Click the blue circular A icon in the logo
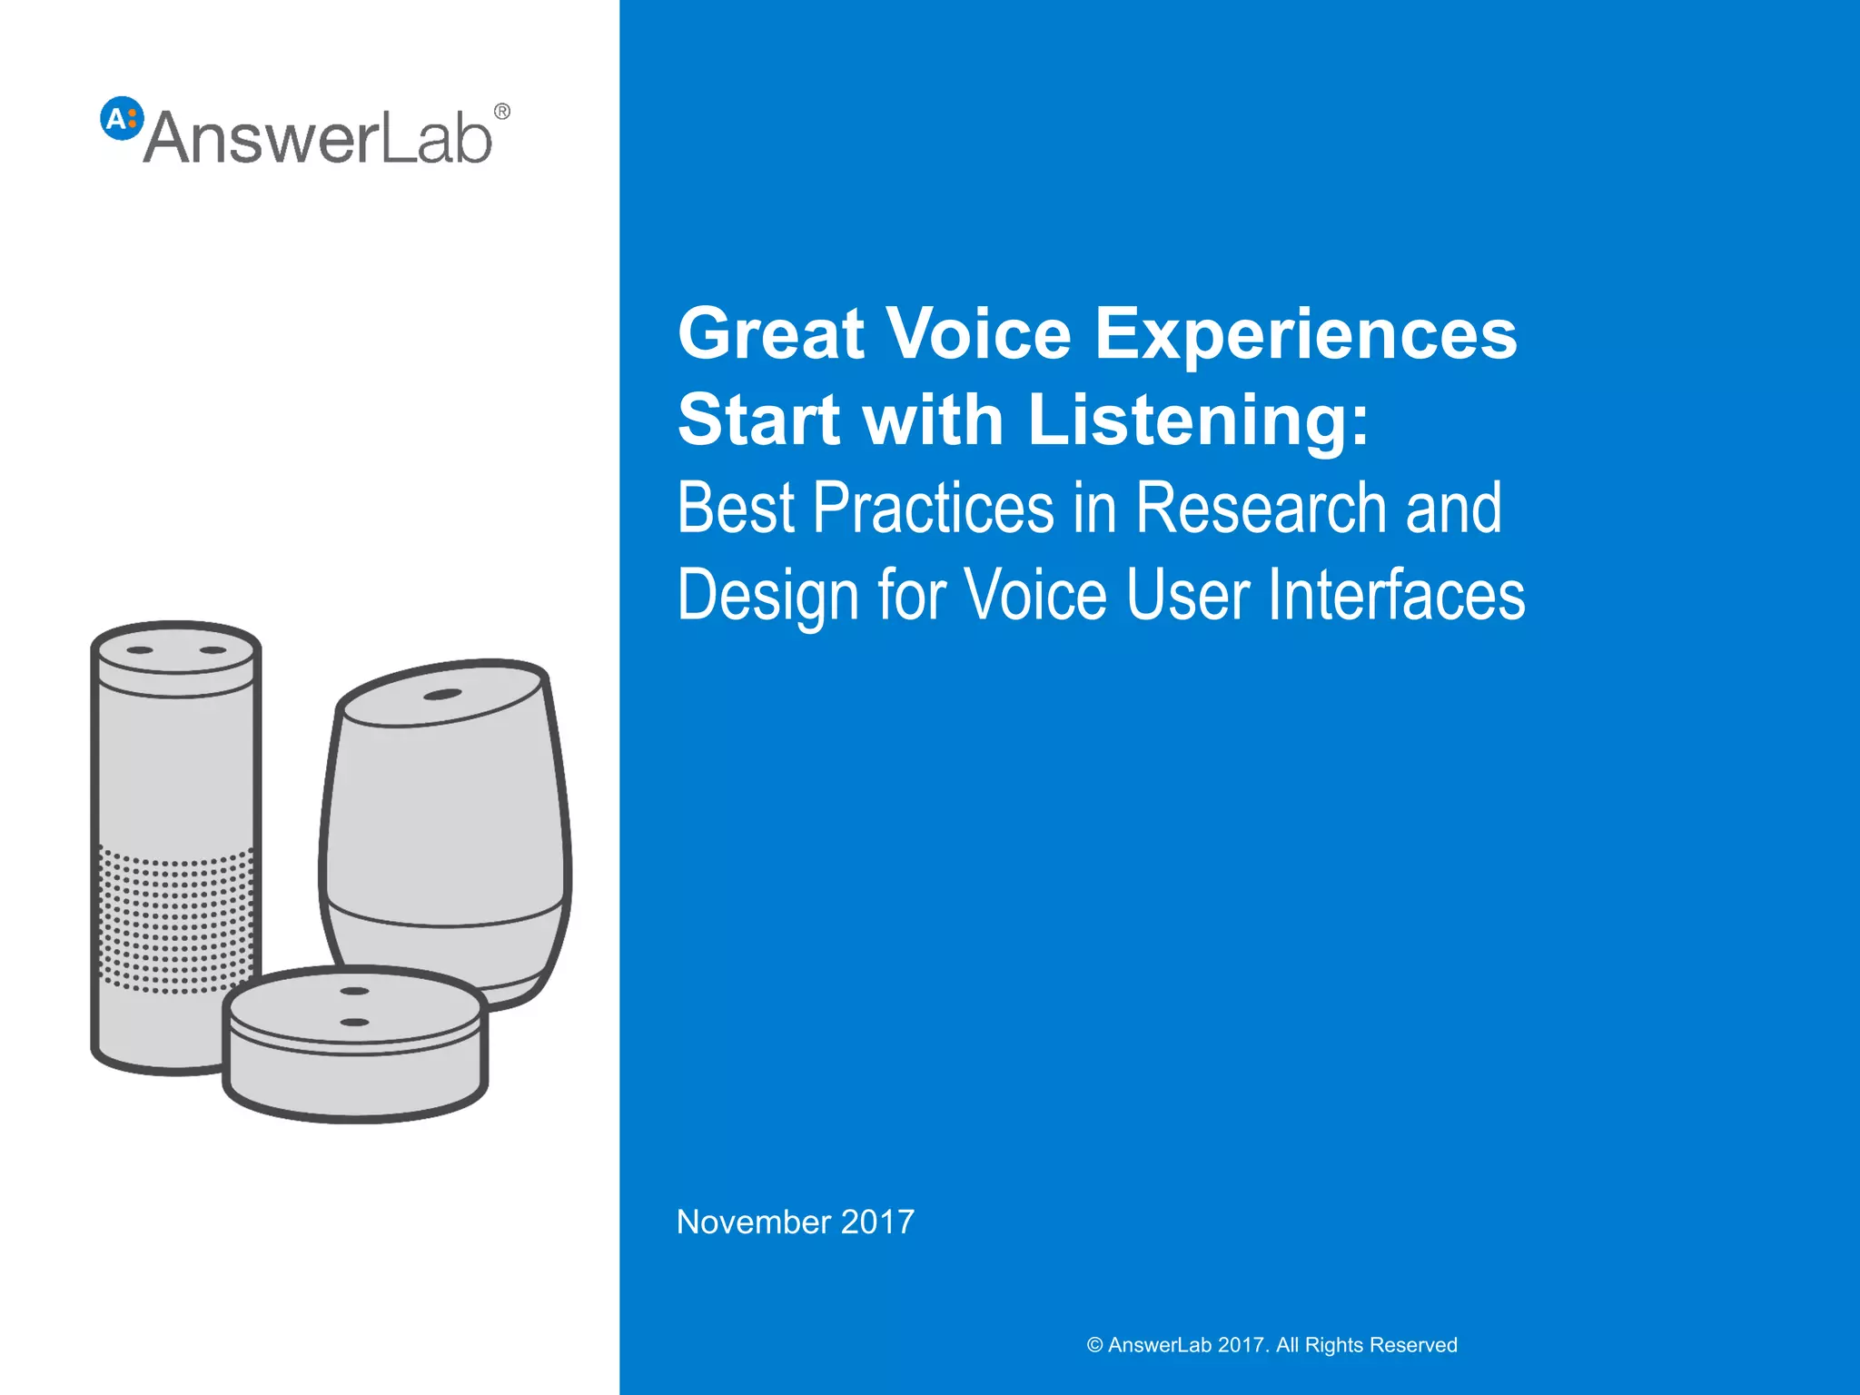pyautogui.click(x=122, y=118)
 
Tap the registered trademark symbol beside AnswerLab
pyautogui.click(x=501, y=112)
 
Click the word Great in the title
pyautogui.click(x=771, y=333)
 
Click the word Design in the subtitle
pyautogui.click(x=768, y=596)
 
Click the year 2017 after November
pyautogui.click(x=877, y=1222)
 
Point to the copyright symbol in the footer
pyautogui.click(x=1094, y=1345)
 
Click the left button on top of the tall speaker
pyautogui.click(x=139, y=650)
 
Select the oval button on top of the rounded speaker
pyautogui.click(x=442, y=695)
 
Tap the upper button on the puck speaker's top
pyautogui.click(x=353, y=991)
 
